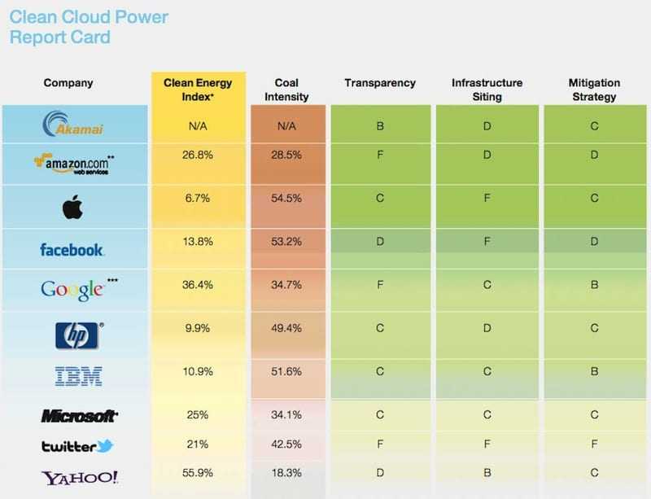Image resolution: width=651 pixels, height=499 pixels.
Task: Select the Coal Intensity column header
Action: pos(287,90)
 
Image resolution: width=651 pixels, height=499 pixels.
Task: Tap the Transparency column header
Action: pos(380,83)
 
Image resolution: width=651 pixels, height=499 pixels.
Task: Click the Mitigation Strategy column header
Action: pos(594,90)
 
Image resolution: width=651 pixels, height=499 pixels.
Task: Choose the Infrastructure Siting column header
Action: pos(487,90)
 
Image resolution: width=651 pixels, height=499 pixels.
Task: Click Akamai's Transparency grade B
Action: pos(380,127)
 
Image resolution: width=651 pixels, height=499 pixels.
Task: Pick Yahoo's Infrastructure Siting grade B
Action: pos(487,473)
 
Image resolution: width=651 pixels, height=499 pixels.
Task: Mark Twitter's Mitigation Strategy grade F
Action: pos(594,444)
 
